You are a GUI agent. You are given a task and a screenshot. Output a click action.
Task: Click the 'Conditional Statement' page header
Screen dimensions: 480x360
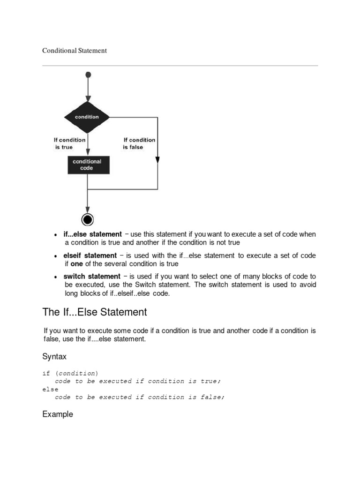tap(75, 50)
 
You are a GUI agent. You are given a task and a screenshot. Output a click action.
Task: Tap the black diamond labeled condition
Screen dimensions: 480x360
tap(87, 117)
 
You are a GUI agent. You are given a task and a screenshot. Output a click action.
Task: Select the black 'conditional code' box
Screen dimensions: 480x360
tap(87, 165)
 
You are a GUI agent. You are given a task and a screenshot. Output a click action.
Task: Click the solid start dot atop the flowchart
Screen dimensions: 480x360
tap(88, 75)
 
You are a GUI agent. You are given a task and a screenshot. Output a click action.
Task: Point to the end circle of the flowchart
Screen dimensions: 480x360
tap(88, 219)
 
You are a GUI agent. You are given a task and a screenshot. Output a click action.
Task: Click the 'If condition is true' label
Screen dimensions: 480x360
tap(69, 143)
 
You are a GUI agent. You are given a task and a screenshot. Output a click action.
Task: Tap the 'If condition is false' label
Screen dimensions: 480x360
tap(139, 143)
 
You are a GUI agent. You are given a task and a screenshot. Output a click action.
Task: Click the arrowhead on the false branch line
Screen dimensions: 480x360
tap(157, 160)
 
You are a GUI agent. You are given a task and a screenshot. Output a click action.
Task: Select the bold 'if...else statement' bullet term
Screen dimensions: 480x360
tap(92, 234)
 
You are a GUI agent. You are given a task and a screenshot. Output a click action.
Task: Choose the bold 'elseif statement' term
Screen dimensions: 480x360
tap(90, 255)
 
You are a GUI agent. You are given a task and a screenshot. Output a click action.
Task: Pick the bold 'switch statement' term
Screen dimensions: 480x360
tap(92, 276)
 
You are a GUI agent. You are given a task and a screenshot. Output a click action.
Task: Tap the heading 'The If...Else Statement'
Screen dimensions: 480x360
tap(95, 312)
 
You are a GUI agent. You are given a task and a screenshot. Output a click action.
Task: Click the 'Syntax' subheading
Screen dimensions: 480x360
tap(54, 357)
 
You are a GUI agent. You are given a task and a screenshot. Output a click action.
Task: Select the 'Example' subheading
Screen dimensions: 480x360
tap(58, 414)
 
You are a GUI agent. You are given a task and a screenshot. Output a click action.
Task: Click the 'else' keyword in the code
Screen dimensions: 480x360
tap(50, 389)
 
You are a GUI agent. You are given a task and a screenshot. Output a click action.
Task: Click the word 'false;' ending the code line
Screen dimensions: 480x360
tap(212, 397)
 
